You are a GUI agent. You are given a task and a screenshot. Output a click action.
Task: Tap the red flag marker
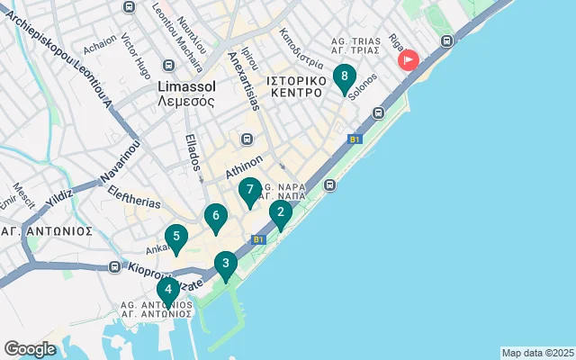click(x=409, y=61)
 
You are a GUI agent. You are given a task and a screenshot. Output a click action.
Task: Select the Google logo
click(x=30, y=349)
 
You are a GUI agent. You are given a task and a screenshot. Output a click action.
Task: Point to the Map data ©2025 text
click(x=537, y=353)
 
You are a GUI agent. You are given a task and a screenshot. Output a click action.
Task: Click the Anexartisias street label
click(x=244, y=79)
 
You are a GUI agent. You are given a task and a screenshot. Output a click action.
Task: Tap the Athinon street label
click(x=242, y=167)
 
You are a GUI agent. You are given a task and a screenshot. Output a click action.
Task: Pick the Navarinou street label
click(x=121, y=162)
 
